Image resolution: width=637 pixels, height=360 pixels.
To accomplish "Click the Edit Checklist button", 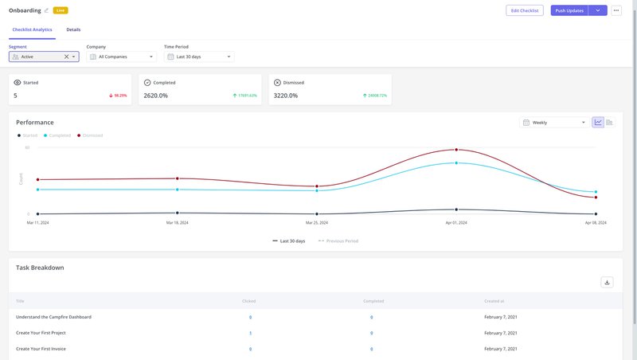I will click(525, 10).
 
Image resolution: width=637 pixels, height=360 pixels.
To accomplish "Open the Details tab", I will click(73, 29).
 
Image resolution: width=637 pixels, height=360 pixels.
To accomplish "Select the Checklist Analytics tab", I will click(32, 29).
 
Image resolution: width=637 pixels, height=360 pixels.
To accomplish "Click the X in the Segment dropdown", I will click(66, 57).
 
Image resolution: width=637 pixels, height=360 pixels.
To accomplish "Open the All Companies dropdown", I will click(121, 57).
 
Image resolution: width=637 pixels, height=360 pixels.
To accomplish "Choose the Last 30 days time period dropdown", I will click(199, 57).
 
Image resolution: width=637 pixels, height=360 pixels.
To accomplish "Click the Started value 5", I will click(15, 96).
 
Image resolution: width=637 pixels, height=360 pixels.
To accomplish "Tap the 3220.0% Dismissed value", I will click(285, 96).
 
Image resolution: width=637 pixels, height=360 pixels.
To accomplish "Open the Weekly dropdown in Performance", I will click(553, 123).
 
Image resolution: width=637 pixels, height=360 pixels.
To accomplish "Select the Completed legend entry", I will click(60, 135).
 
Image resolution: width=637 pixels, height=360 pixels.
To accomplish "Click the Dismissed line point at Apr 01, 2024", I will click(456, 149).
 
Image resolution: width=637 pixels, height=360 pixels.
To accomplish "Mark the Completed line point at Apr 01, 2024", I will click(456, 162).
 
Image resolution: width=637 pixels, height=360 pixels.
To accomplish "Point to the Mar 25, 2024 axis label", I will click(317, 223).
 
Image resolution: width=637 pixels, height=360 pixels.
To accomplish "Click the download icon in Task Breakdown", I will click(607, 282).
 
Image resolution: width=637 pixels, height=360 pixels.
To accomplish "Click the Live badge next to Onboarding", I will click(61, 10).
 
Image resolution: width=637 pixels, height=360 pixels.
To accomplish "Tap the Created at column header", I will click(494, 301).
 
